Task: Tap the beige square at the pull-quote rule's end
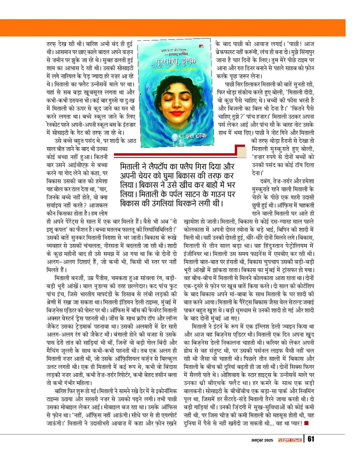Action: (241, 154)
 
